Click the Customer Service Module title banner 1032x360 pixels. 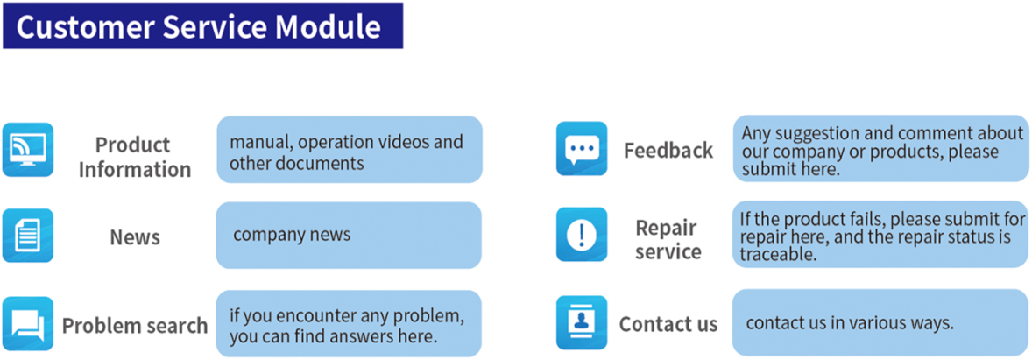point(202,25)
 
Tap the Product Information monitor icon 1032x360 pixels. point(28,150)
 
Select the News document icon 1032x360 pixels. point(28,236)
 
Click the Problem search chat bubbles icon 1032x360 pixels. point(28,323)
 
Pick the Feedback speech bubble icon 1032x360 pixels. point(582,149)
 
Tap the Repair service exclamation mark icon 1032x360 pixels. point(582,234)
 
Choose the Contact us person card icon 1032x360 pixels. point(582,322)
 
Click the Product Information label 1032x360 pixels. point(134,157)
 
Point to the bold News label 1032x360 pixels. point(135,236)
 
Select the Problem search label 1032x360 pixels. point(135,325)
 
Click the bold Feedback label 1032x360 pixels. point(668,150)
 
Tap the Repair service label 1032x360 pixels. point(668,239)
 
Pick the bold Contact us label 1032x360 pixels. point(668,324)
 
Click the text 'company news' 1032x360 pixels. point(292,235)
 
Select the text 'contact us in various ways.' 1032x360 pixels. point(850,323)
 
